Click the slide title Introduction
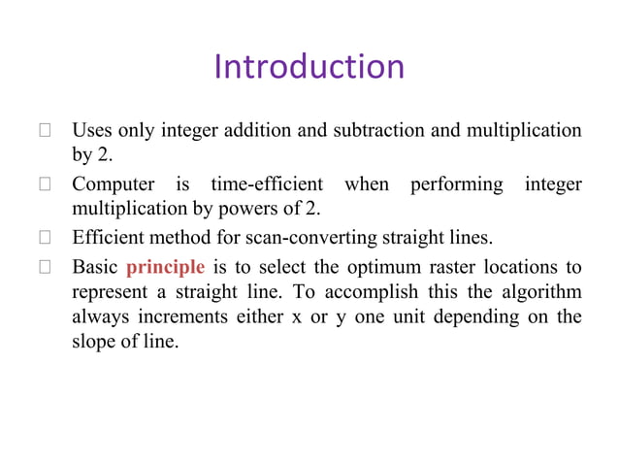coord(309,67)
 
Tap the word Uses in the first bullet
coord(91,129)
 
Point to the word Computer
coord(111,183)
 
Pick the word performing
coord(456,183)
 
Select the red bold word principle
coord(165,268)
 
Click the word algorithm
coord(544,292)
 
